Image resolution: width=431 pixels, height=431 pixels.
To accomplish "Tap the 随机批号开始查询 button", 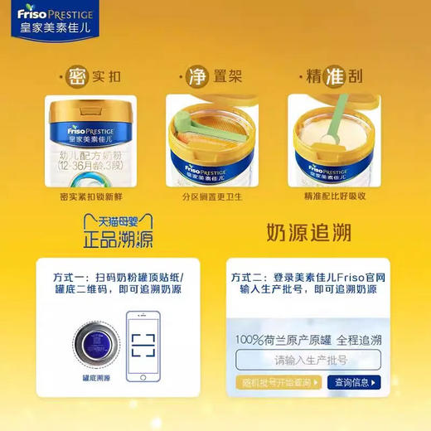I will (x=277, y=382).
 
